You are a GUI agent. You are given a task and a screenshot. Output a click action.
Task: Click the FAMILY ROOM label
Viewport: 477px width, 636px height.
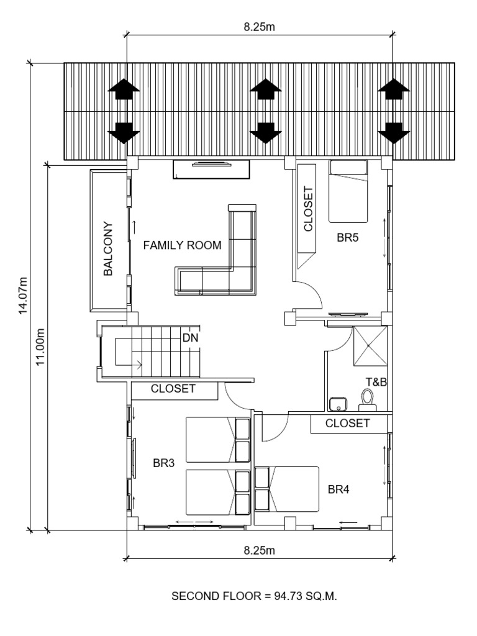tap(182, 245)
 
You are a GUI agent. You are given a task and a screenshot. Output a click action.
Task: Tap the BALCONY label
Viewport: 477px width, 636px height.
tap(109, 248)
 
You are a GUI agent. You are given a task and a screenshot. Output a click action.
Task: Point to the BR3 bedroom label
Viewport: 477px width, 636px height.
tap(163, 462)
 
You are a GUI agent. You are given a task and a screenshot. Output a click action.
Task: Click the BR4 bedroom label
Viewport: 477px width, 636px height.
tap(338, 489)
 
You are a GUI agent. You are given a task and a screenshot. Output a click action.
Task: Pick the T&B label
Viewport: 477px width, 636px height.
tap(376, 382)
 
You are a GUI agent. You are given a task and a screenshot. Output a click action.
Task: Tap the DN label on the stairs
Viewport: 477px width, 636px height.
tap(190, 338)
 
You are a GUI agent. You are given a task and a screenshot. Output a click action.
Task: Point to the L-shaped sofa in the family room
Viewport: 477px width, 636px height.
tap(224, 261)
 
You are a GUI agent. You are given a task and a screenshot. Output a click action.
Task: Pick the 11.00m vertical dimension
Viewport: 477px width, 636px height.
tap(41, 347)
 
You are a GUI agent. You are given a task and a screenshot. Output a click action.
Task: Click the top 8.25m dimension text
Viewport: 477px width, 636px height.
tap(260, 27)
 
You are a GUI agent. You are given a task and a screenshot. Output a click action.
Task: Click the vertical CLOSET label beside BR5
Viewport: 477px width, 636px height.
tap(308, 210)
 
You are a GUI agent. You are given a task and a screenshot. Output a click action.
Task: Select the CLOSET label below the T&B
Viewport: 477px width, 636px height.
tap(348, 424)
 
